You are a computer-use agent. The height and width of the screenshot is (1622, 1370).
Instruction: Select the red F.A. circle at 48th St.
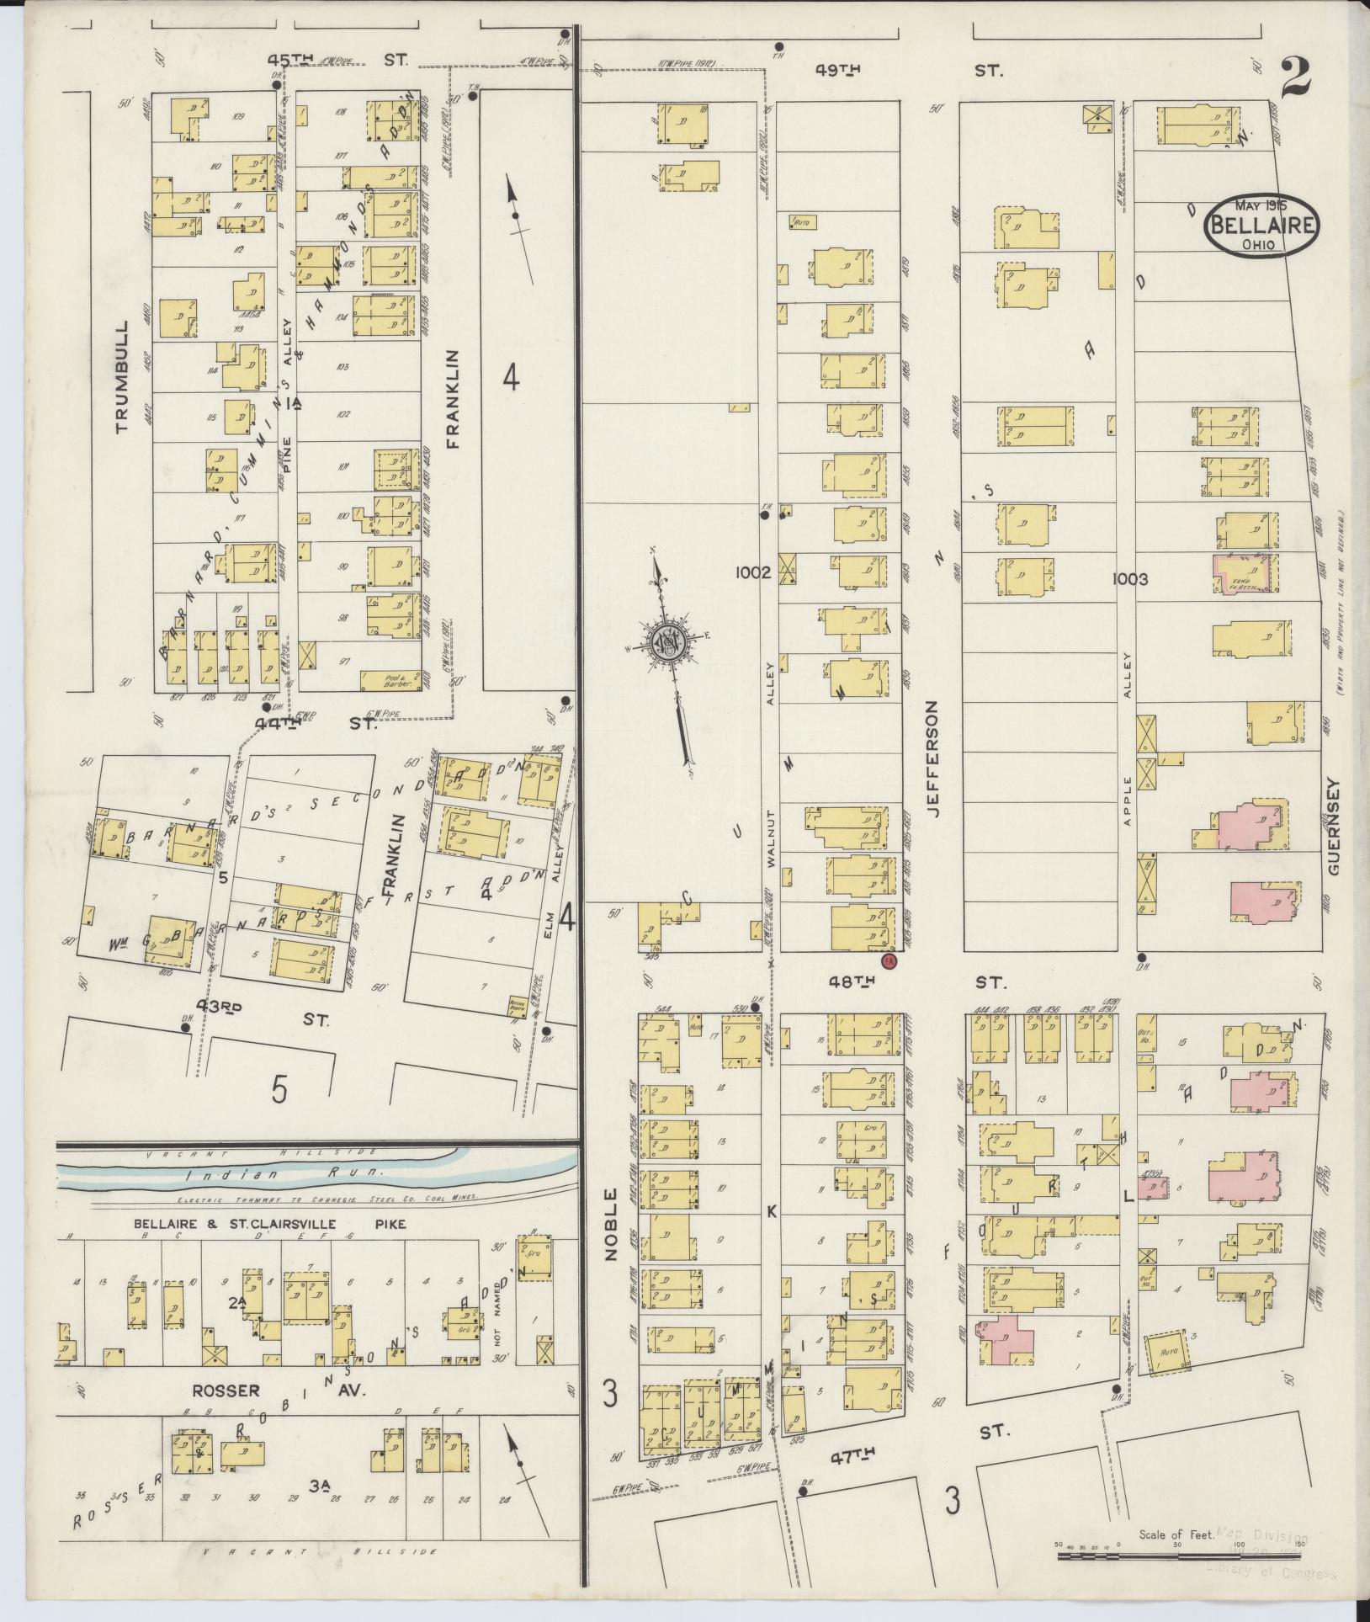click(887, 960)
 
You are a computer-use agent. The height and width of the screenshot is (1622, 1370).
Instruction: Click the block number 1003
click(1129, 578)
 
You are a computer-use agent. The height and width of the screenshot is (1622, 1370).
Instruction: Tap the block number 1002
click(751, 573)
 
